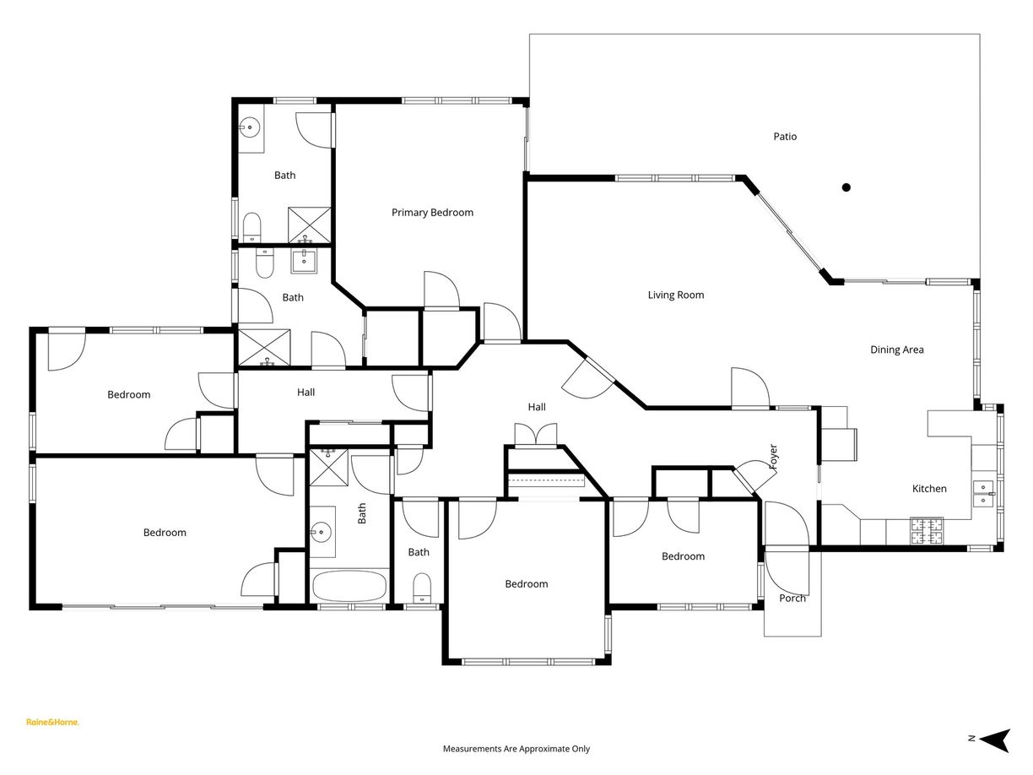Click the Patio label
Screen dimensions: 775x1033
point(785,137)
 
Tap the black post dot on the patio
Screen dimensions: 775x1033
point(846,187)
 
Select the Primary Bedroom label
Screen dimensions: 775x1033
point(432,213)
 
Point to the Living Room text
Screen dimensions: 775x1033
point(675,295)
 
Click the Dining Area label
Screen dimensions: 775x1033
point(896,350)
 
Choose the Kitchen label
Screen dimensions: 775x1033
point(929,489)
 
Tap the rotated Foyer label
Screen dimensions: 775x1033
point(772,457)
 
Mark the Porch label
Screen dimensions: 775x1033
point(792,599)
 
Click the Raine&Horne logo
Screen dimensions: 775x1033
point(52,722)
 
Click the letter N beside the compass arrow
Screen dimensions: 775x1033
point(971,739)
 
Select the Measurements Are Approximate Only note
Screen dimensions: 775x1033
point(516,749)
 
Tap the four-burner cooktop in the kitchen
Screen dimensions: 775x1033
point(926,531)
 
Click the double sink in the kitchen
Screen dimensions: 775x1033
point(984,492)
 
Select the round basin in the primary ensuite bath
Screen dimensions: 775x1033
point(249,129)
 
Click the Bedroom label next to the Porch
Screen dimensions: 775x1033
point(683,556)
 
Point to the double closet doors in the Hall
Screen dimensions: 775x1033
point(536,434)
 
